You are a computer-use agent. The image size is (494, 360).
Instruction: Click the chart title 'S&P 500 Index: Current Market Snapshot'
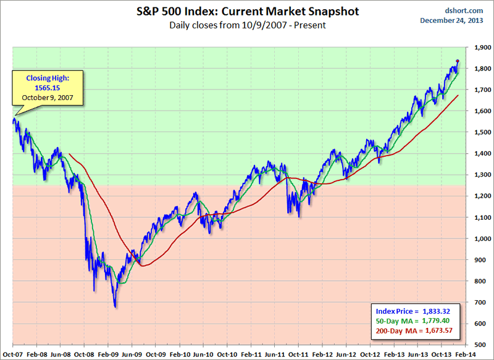[x=247, y=12]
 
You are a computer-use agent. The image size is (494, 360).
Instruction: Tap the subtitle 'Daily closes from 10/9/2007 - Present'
[x=247, y=26]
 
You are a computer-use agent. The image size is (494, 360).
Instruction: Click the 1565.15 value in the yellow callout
[x=43, y=88]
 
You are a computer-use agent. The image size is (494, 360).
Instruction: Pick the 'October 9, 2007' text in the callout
[x=43, y=98]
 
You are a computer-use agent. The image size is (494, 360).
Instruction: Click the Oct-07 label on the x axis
[x=13, y=354]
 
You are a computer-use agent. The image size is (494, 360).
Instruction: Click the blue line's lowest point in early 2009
[x=115, y=306]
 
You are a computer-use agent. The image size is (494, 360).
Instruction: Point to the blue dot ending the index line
[x=458, y=61]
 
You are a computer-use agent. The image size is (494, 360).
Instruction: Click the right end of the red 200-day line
[x=458, y=95]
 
